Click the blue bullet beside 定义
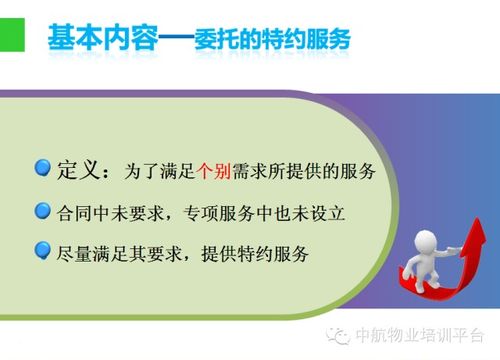(x=43, y=168)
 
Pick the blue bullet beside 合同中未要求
(x=43, y=211)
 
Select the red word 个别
(x=218, y=170)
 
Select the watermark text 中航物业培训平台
(x=420, y=336)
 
